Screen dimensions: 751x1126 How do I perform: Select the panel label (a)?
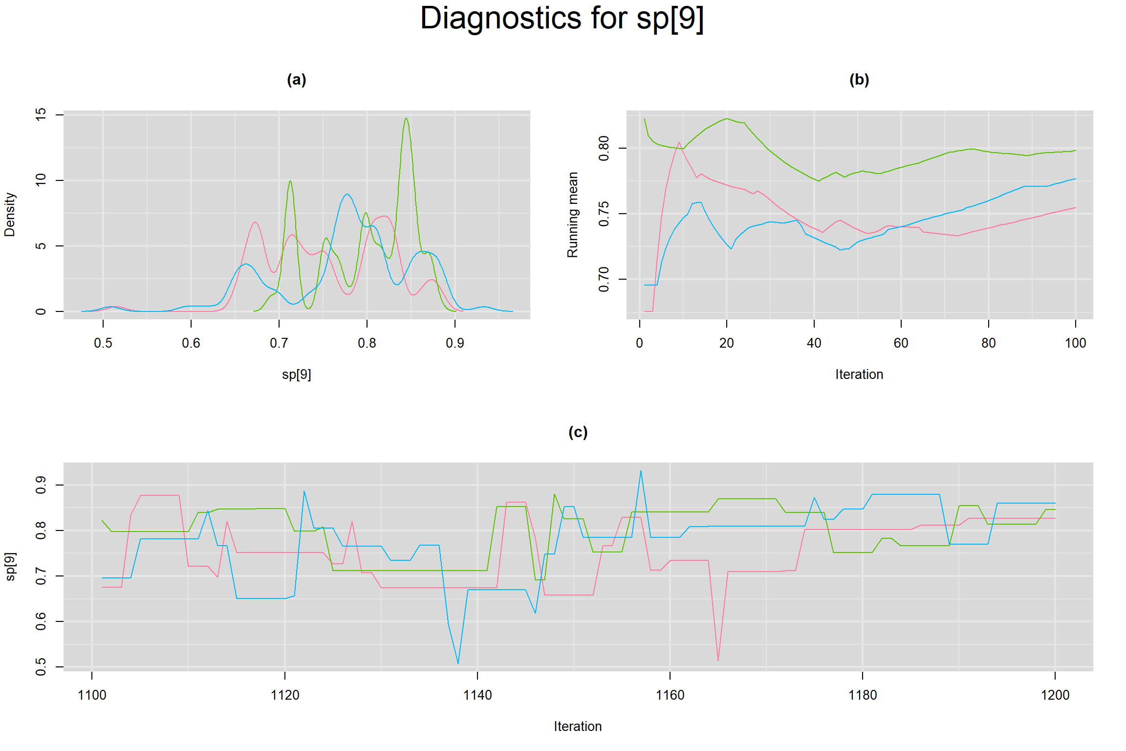coord(296,80)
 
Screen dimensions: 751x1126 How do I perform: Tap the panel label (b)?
coord(859,80)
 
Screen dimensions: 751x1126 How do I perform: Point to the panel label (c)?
coord(578,432)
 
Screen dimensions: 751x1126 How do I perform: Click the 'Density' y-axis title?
coord(10,214)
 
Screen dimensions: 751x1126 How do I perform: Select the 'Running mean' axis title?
coord(572,214)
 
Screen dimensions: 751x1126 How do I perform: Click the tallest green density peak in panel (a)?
coord(406,119)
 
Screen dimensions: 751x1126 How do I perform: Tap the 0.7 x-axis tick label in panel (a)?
coord(279,343)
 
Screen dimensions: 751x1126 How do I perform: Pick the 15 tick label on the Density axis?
coord(41,114)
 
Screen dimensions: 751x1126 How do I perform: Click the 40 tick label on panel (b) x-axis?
coord(814,343)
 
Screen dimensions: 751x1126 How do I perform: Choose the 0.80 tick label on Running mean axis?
coord(604,148)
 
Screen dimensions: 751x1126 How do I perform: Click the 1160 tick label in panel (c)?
coord(670,695)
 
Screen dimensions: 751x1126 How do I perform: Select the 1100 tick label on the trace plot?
coord(92,695)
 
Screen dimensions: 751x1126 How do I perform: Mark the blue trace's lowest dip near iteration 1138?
coord(458,663)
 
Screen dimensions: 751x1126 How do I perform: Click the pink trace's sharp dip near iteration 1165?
coord(718,660)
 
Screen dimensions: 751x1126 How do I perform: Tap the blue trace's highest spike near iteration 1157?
coord(641,471)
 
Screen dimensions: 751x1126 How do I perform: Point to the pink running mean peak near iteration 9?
coord(679,143)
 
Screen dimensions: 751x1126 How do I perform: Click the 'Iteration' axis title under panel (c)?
coord(578,727)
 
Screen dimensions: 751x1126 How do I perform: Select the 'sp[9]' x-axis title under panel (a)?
coord(296,375)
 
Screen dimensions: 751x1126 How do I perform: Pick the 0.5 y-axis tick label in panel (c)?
coord(41,666)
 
